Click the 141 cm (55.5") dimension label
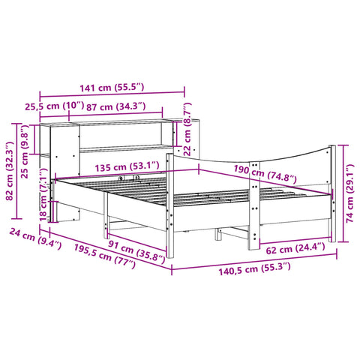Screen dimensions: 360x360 tap(112, 88)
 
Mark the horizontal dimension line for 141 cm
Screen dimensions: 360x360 tap(112, 95)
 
